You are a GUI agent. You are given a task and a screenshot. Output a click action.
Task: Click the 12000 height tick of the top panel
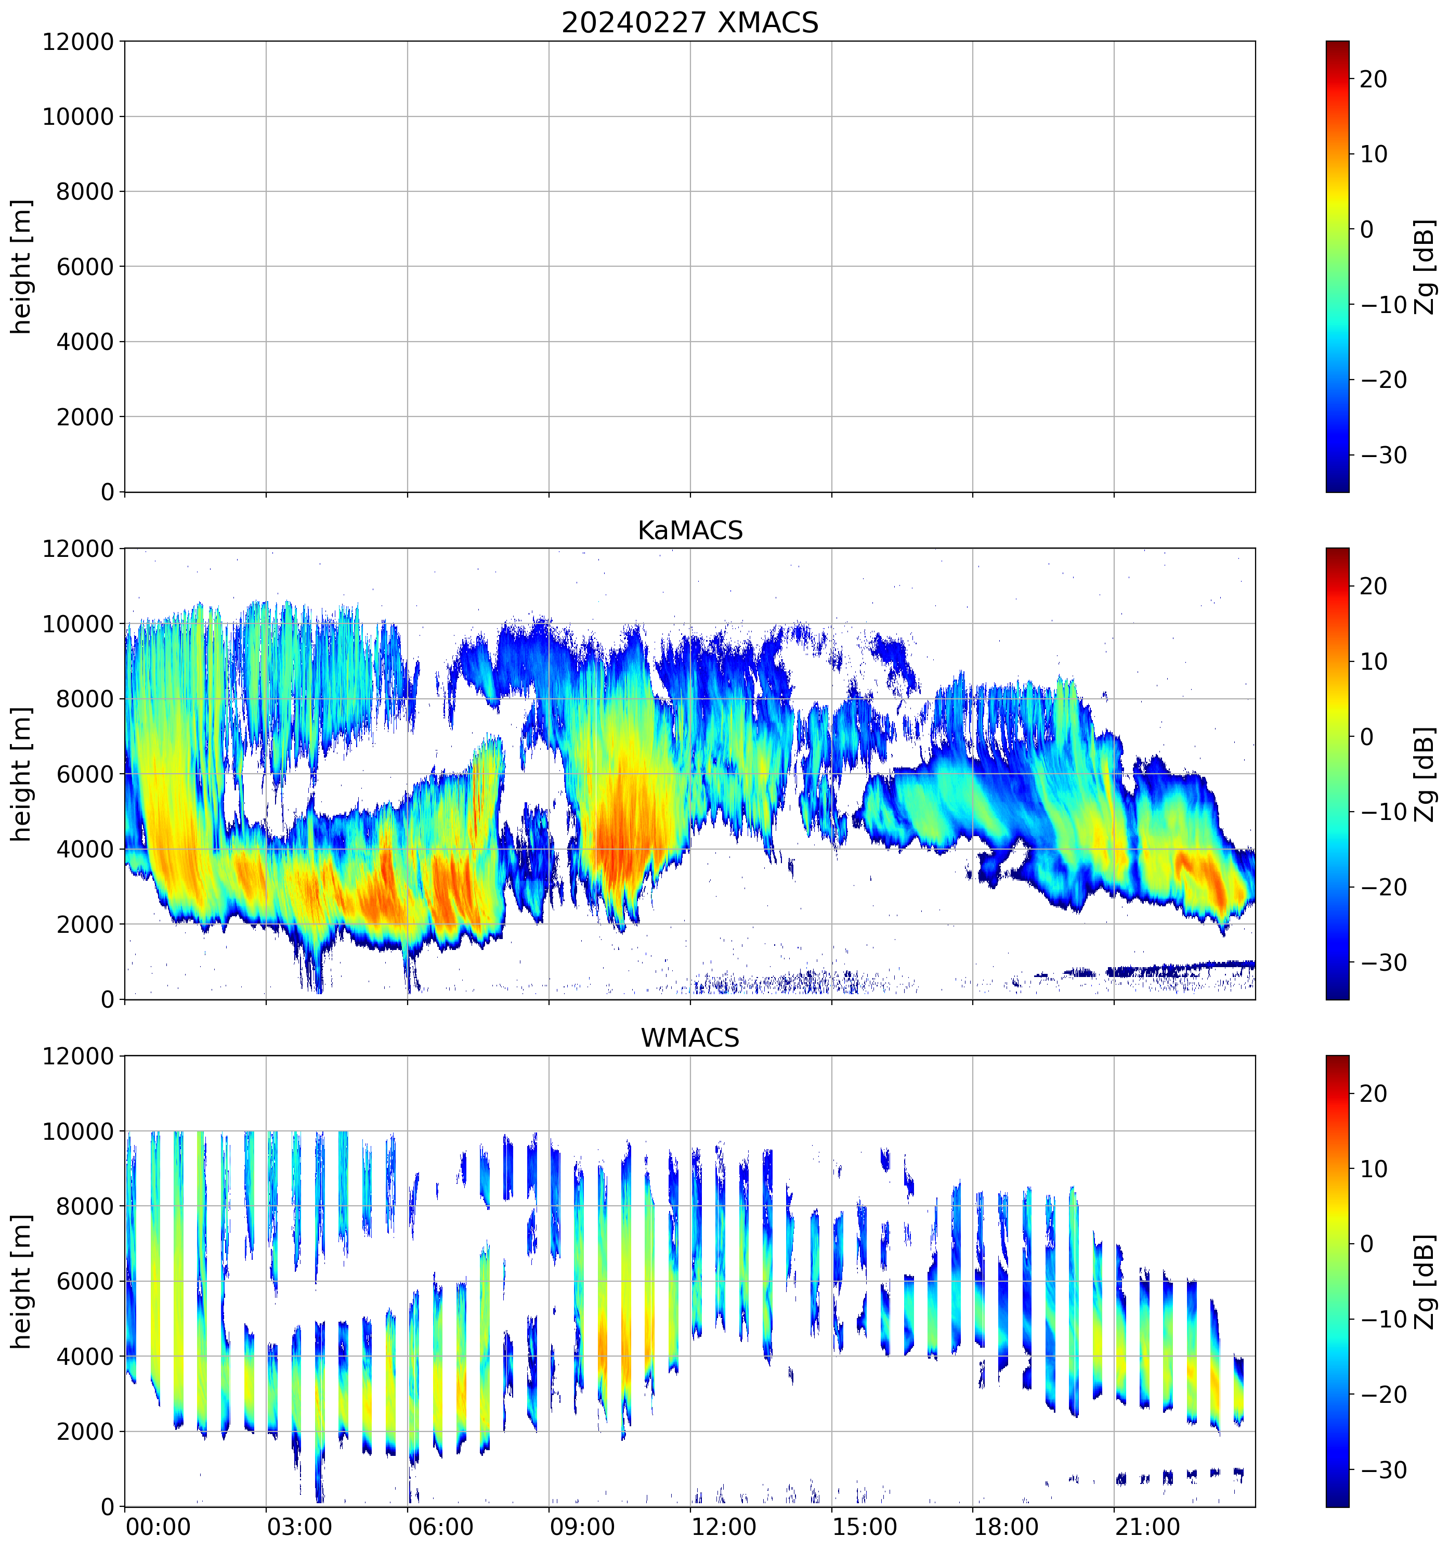point(78,42)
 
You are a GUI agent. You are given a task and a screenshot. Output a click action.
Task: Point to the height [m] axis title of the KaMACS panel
point(22,774)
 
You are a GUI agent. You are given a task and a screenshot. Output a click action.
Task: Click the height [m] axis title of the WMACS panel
point(22,1281)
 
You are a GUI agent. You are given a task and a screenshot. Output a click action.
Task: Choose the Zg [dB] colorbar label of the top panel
point(1425,267)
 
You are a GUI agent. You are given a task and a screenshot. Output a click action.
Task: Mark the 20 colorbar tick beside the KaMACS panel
point(1374,587)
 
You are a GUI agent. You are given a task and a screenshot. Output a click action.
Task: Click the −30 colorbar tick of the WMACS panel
point(1383,1470)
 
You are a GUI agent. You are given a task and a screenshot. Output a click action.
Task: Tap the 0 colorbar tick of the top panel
point(1366,229)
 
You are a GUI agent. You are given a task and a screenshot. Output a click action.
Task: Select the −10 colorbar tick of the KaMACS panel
point(1383,812)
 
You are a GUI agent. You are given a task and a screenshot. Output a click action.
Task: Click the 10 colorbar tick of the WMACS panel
point(1374,1169)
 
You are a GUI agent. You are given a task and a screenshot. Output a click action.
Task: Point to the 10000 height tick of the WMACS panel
point(78,1131)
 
